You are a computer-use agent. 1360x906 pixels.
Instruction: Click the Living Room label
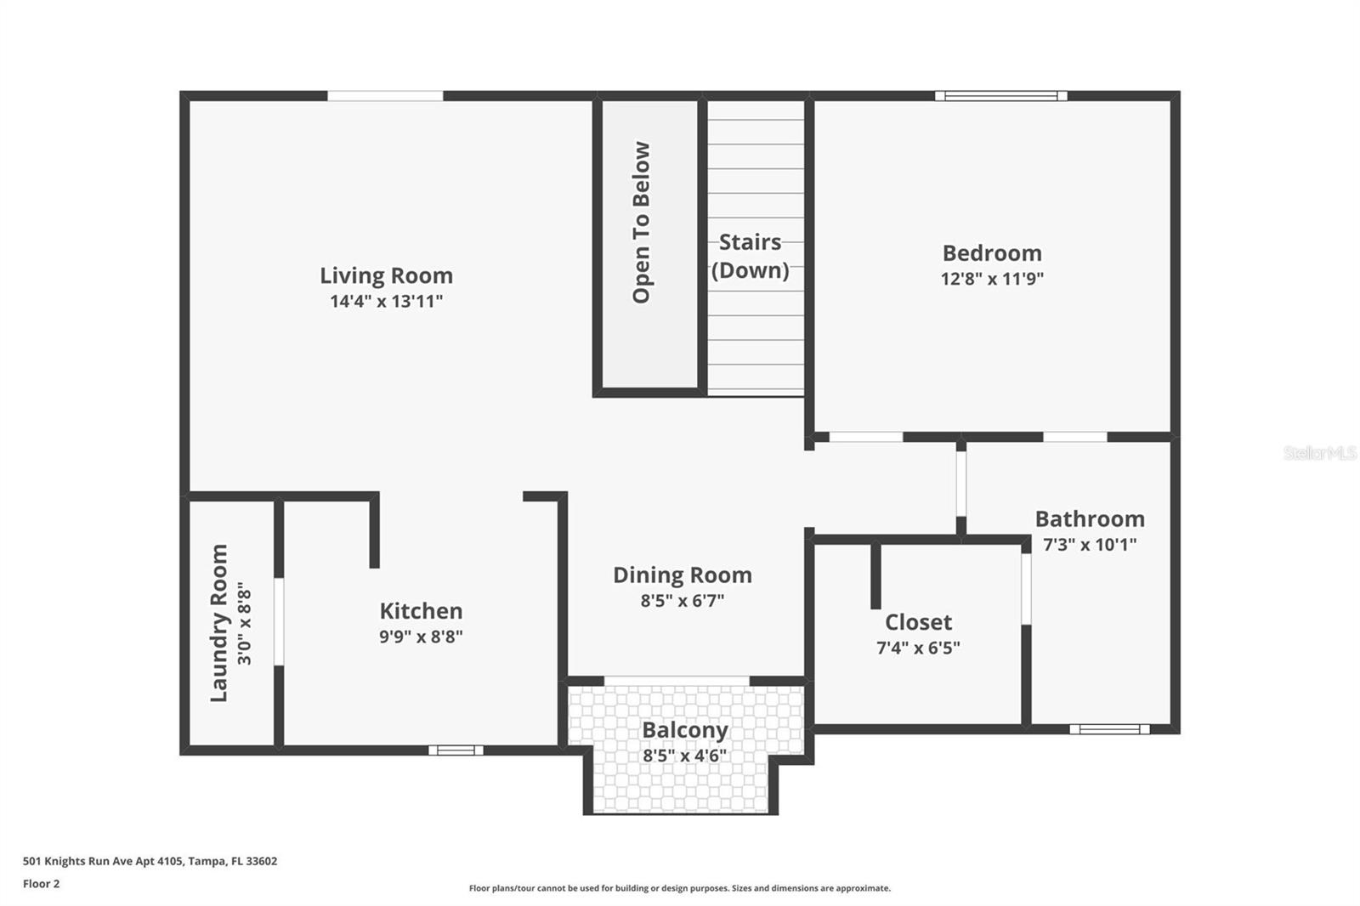[386, 275]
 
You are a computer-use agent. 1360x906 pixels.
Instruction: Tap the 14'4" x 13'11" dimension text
[386, 301]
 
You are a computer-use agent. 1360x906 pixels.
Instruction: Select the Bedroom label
[992, 253]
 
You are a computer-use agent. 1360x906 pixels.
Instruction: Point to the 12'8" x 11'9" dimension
[992, 279]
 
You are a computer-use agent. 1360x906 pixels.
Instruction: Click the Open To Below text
[641, 222]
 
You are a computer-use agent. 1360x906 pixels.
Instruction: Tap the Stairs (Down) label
[751, 257]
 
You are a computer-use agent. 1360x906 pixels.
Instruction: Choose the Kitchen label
[421, 611]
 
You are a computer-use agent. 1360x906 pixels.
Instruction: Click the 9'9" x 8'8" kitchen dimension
[421, 637]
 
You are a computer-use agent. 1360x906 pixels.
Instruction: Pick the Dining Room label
[683, 575]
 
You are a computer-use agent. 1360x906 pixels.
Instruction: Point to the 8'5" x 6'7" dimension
[683, 601]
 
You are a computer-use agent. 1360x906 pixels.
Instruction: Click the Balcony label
[685, 731]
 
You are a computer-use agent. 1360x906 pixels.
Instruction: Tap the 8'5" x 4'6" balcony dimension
[685, 756]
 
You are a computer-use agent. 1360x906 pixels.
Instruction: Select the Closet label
[918, 622]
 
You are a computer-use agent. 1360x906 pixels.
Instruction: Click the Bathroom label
[1090, 519]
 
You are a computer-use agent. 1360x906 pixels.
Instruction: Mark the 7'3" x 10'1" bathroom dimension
[1090, 545]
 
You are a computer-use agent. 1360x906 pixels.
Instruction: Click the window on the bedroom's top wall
[1001, 96]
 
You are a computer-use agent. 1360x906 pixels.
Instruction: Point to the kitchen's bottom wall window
[456, 750]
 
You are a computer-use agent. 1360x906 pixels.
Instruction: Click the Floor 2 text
[42, 884]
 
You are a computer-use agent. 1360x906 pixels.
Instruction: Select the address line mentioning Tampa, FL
[150, 861]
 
